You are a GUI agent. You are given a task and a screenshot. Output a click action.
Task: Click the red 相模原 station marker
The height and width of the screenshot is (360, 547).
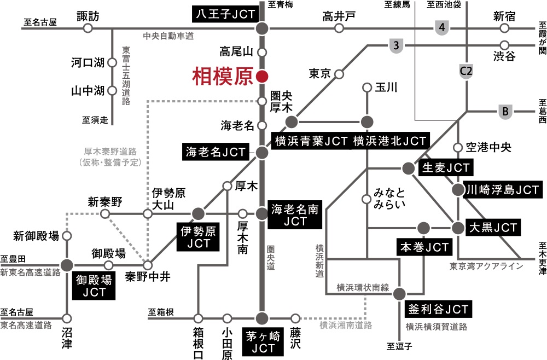pos(261,77)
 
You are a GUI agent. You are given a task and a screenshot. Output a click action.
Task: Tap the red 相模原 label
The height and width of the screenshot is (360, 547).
pos(222,77)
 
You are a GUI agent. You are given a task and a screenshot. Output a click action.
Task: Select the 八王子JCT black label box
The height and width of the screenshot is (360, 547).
pos(225,15)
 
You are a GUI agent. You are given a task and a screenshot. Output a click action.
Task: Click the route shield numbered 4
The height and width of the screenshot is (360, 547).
pos(442,27)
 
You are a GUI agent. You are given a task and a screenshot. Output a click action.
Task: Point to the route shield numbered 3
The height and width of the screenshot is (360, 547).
pos(396,45)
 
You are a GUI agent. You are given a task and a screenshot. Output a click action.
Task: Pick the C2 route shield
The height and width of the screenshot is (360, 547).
pos(467,72)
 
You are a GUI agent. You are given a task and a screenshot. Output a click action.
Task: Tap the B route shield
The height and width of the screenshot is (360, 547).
pos(505,112)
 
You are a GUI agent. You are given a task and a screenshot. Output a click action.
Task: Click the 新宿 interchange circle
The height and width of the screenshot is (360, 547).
pos(504,28)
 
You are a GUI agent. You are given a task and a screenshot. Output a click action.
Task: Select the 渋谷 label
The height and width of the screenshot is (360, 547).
pos(504,56)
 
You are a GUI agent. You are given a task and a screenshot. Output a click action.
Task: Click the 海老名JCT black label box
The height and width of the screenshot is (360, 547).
pos(216,152)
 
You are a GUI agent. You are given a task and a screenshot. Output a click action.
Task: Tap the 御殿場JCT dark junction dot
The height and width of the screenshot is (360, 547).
pos(67,265)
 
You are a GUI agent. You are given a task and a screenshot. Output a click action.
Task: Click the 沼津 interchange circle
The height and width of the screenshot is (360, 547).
pos(67,318)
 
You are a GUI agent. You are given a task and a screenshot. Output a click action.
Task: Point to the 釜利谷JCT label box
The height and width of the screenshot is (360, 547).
pos(438,309)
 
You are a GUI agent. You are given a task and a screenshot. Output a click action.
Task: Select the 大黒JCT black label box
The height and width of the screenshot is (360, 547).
pos(493,228)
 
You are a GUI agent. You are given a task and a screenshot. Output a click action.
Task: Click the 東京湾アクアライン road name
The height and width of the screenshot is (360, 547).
pos(486,266)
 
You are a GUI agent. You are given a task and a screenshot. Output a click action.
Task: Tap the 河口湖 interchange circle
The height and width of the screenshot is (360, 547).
pos(112,63)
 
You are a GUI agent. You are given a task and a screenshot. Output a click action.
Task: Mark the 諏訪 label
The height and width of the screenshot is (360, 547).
pos(88,16)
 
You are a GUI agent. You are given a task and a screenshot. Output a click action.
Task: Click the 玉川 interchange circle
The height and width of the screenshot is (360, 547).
pos(366,87)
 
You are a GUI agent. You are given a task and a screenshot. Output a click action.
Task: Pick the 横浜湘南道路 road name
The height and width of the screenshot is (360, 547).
pos(346,325)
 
